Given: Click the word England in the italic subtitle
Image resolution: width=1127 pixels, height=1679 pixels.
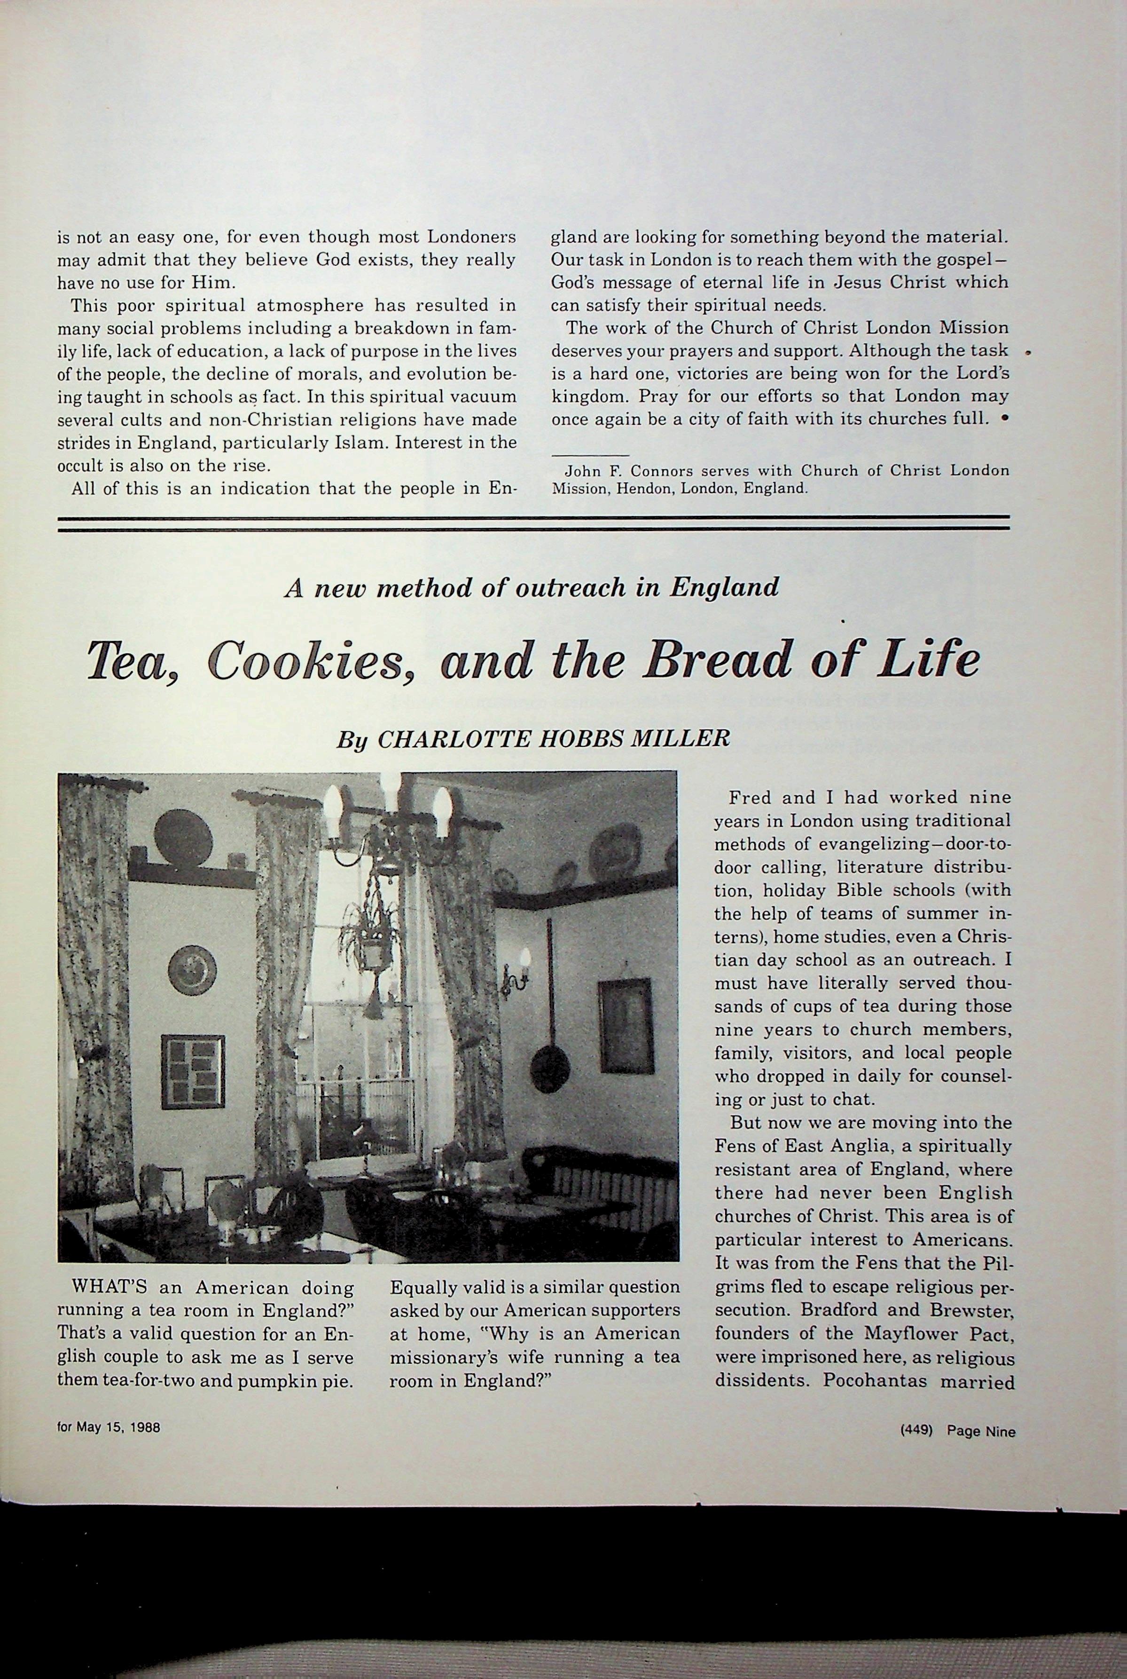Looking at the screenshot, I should pos(724,587).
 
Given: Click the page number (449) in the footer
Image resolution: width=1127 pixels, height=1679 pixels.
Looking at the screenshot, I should pos(916,1431).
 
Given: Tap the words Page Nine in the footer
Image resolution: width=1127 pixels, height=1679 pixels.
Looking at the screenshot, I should pos(981,1431).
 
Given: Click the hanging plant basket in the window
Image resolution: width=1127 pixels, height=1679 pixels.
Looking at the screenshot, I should pos(372,950).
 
